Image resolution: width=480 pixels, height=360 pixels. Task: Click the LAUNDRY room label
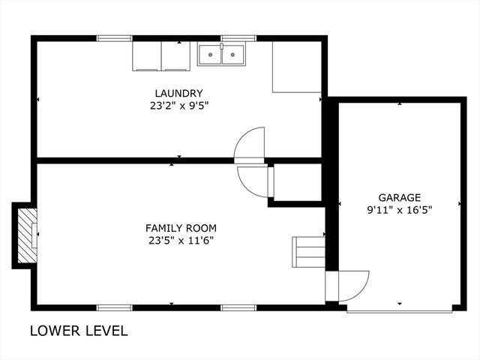click(178, 93)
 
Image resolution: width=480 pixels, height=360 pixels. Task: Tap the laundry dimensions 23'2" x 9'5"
click(178, 106)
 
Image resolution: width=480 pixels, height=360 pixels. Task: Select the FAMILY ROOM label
click(181, 227)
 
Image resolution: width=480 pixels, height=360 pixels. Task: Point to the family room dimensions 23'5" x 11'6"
click(181, 240)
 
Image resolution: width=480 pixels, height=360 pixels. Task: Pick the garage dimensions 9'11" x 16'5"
click(399, 210)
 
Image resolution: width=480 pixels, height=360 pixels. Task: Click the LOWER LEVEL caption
click(79, 331)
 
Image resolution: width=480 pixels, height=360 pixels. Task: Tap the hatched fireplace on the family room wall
click(28, 234)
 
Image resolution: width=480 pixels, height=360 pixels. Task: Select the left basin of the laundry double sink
click(211, 55)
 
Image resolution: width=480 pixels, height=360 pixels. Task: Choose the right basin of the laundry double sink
click(233, 55)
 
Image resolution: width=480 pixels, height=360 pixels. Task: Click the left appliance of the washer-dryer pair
click(147, 56)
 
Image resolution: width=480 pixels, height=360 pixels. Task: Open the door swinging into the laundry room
click(250, 145)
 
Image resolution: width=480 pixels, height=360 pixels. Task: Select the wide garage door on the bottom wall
click(399, 308)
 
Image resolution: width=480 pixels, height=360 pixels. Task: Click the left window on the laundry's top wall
click(114, 37)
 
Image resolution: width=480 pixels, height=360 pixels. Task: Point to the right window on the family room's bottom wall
click(238, 307)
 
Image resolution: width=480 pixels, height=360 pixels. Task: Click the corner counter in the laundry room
click(296, 66)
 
